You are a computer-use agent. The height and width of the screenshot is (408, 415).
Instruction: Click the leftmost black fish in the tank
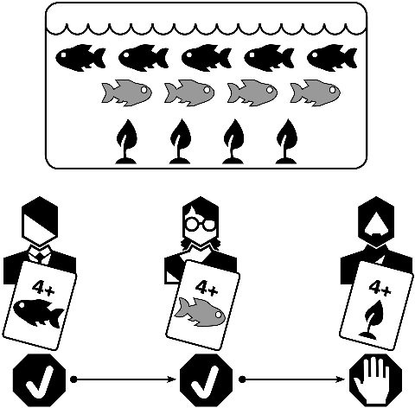(x=80, y=57)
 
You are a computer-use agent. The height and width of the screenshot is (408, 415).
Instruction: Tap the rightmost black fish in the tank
(x=332, y=57)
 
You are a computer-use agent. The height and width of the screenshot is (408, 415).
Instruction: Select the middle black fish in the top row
(x=207, y=57)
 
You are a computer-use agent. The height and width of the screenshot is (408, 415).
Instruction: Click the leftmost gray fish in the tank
(x=126, y=92)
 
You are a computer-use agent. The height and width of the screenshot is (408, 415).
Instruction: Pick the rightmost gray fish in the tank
(x=315, y=92)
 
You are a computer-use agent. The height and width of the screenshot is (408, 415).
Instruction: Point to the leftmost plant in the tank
(x=126, y=142)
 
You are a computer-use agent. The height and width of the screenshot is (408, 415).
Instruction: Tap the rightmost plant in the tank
(x=286, y=142)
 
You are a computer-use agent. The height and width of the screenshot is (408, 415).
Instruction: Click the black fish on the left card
(x=39, y=313)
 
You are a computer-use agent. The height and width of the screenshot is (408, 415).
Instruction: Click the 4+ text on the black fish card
(x=43, y=288)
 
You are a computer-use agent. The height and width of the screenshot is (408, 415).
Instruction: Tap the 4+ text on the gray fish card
(x=207, y=287)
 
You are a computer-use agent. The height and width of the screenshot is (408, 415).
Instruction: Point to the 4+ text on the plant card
(x=380, y=287)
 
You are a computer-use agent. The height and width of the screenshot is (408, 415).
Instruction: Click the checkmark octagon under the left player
(x=40, y=380)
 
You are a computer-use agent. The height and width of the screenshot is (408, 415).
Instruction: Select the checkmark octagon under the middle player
(x=206, y=380)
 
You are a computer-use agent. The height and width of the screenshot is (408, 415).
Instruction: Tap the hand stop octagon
(x=375, y=380)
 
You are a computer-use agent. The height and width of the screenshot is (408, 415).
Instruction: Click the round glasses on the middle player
(x=201, y=225)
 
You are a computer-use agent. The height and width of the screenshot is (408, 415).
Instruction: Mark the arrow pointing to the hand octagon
(x=292, y=379)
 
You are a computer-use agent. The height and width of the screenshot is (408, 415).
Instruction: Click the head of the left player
(x=40, y=221)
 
